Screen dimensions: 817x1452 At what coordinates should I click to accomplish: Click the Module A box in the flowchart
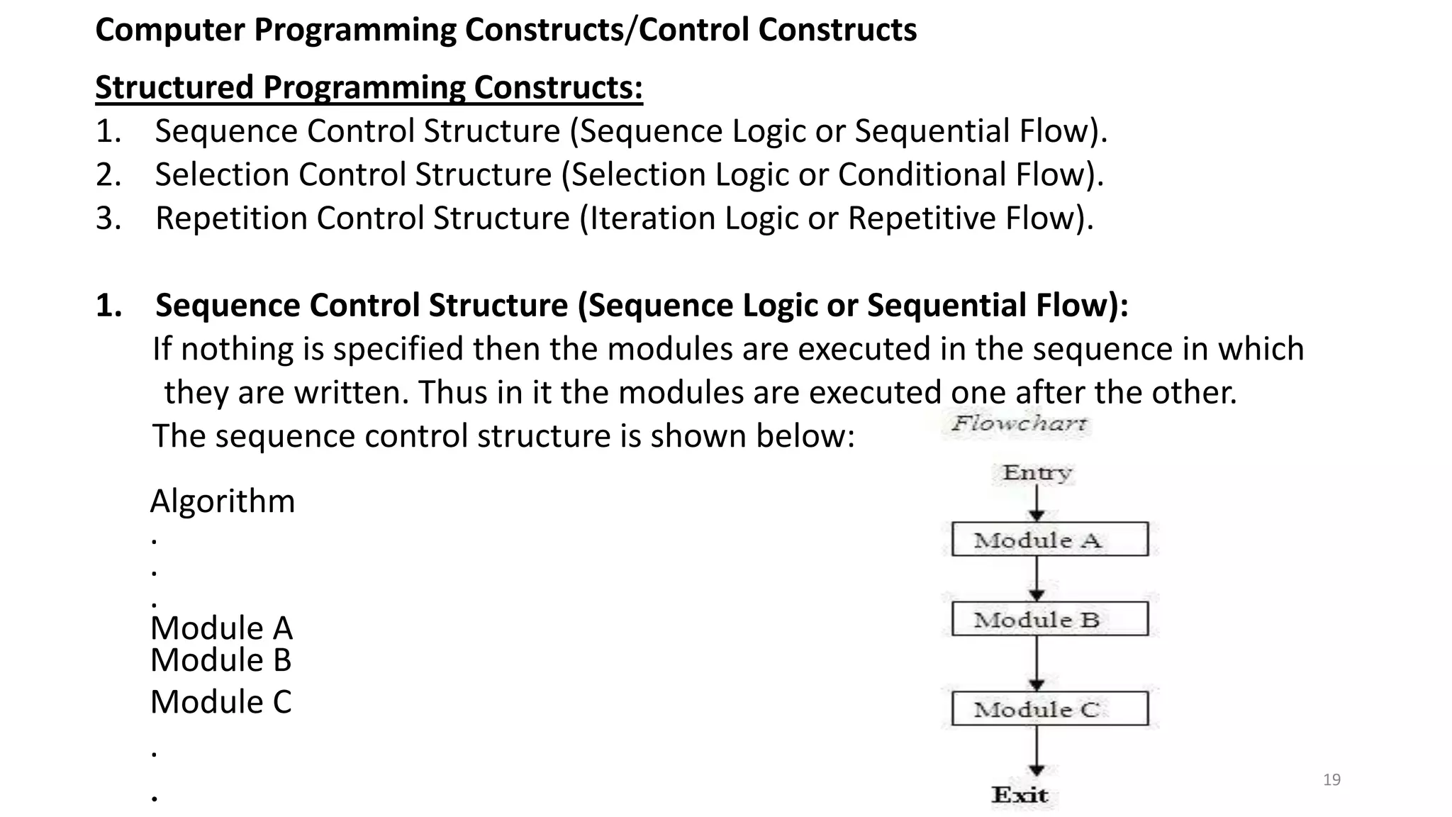coord(1049,540)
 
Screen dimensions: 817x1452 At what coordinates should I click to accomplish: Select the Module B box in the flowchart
coord(1049,619)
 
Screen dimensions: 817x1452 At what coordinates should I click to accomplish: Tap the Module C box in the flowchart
coord(1049,708)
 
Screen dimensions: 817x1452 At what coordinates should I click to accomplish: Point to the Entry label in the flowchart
coord(1037,472)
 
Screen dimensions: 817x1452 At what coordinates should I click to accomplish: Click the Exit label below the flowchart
coord(1020,795)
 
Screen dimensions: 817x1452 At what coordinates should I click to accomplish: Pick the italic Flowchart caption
coord(1018,424)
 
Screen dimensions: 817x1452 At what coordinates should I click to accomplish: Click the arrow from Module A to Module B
coord(1037,579)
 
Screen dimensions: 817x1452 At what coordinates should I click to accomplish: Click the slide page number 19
coord(1331,780)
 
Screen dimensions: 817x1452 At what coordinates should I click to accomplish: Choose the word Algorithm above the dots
coord(223,501)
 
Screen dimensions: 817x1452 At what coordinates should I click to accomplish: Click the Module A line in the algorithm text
coord(221,628)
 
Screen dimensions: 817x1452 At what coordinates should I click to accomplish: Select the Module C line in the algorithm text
coord(221,702)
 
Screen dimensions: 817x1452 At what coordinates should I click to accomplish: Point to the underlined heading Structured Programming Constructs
coord(369,88)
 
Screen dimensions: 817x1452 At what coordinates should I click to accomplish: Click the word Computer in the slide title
coord(170,30)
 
